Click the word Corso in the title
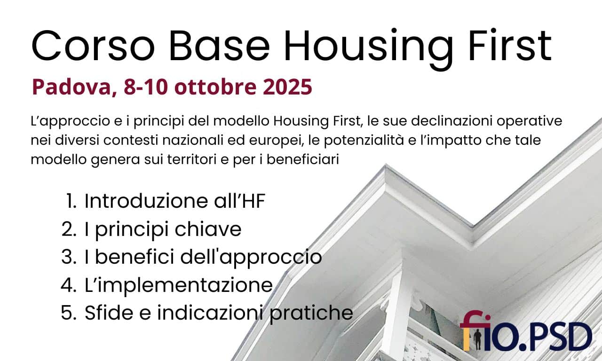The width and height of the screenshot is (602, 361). tap(93, 46)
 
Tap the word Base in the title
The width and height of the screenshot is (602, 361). tap(219, 46)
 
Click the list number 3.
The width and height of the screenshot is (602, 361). tap(69, 257)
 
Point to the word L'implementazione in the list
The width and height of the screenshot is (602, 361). tap(179, 285)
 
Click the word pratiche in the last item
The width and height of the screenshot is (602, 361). tap(311, 313)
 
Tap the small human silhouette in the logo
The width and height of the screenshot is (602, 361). tap(477, 340)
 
